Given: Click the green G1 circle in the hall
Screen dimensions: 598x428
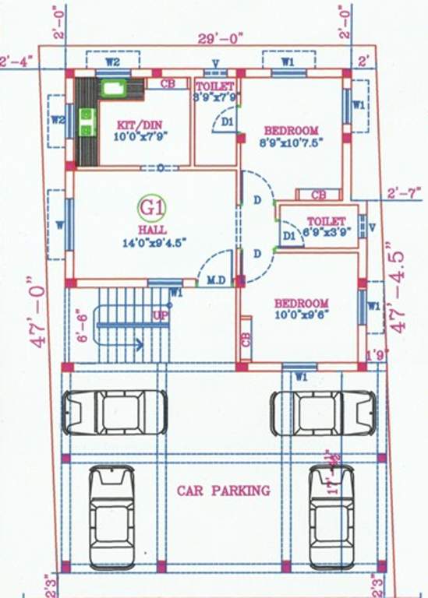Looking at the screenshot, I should (148, 207).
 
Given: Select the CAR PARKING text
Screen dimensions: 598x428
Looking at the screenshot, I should (223, 491).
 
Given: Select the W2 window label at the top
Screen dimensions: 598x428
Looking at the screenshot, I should (112, 60).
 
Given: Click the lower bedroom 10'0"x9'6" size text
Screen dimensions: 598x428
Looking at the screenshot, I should (301, 315).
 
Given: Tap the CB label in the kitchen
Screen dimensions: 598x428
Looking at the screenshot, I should (168, 83).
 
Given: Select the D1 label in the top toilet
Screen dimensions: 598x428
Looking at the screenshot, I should (227, 121).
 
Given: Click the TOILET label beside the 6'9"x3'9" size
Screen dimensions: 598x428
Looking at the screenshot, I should (325, 221).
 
